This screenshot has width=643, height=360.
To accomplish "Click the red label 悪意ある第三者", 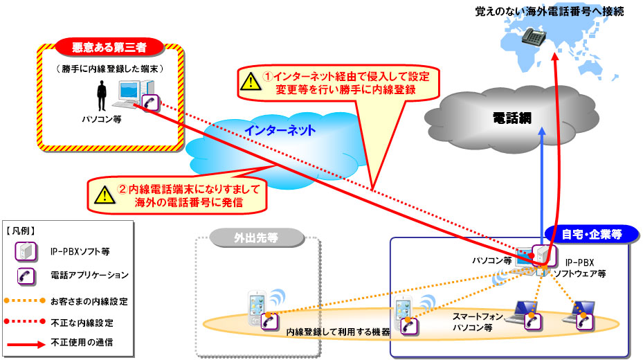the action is click(x=109, y=47).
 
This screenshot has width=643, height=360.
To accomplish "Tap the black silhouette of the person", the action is click(x=102, y=96).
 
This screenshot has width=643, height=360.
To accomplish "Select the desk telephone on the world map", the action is click(x=534, y=37).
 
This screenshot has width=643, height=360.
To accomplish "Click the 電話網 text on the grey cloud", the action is click(x=511, y=118).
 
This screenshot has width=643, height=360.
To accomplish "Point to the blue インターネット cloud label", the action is click(x=280, y=130).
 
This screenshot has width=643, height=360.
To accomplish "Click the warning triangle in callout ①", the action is click(x=251, y=81).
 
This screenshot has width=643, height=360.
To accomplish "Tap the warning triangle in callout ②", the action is click(x=105, y=195).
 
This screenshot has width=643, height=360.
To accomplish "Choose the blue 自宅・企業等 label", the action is click(x=591, y=234).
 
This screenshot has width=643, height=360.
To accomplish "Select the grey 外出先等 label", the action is click(x=256, y=238).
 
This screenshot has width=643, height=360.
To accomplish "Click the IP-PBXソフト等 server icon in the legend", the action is click(x=26, y=251).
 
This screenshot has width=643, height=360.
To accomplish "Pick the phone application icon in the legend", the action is click(x=26, y=276).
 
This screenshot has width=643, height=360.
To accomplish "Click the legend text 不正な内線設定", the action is click(x=82, y=323).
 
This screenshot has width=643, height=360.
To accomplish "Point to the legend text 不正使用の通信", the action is click(x=82, y=343).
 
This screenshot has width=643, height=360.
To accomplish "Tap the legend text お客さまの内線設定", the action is click(x=89, y=301).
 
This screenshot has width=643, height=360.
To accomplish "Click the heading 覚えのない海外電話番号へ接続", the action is click(x=550, y=11).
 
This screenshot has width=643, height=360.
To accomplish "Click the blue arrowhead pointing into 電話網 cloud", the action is click(x=542, y=132).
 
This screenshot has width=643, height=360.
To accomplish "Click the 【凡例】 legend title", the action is click(x=21, y=231).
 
